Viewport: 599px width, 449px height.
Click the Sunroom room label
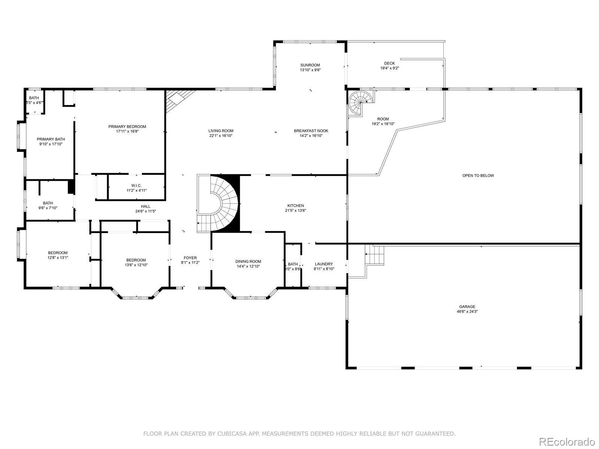[x=310, y=65]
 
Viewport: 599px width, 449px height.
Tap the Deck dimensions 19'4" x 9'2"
[x=390, y=68]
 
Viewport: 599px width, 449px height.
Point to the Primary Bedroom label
[x=127, y=126]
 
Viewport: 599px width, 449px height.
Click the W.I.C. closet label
[x=136, y=186]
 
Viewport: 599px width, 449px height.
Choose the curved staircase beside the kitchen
[x=218, y=204]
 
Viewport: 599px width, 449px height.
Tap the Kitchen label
[x=295, y=205]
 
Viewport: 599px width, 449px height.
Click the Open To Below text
[x=478, y=175]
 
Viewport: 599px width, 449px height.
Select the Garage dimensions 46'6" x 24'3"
[x=467, y=311]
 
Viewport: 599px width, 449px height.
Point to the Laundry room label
[x=324, y=264]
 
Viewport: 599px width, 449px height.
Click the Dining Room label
[x=248, y=262]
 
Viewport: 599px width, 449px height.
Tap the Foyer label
[x=190, y=258]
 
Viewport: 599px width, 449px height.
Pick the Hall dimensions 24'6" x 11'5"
[x=146, y=211]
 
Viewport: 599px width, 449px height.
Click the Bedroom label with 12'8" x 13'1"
[x=58, y=253]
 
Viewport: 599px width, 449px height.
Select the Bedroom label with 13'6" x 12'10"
[x=136, y=260]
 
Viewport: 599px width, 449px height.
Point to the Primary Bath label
[x=51, y=139]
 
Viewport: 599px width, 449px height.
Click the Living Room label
[x=221, y=131]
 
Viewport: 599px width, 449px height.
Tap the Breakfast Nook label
[x=311, y=131]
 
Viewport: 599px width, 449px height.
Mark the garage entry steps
[x=374, y=255]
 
